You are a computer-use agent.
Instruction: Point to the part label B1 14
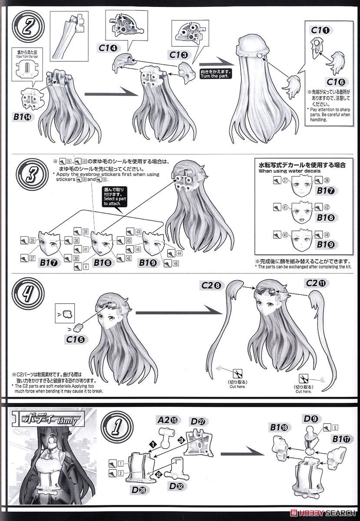click(x=21, y=116)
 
